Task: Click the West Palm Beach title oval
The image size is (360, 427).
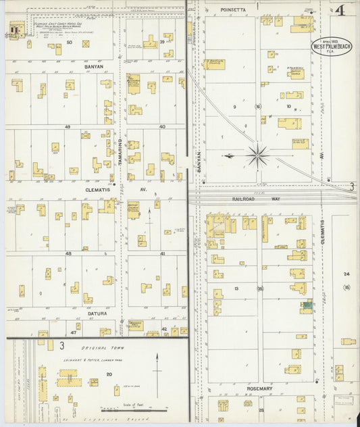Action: tap(331, 48)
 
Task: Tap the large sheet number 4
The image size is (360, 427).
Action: tap(337, 11)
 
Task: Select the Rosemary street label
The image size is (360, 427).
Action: tap(260, 388)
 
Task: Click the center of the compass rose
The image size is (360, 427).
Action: tap(257, 156)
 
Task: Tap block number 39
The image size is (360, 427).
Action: tap(163, 42)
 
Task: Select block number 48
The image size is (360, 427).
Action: tap(68, 253)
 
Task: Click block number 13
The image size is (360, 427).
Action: tap(236, 288)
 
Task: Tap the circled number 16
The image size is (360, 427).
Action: tap(257, 107)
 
